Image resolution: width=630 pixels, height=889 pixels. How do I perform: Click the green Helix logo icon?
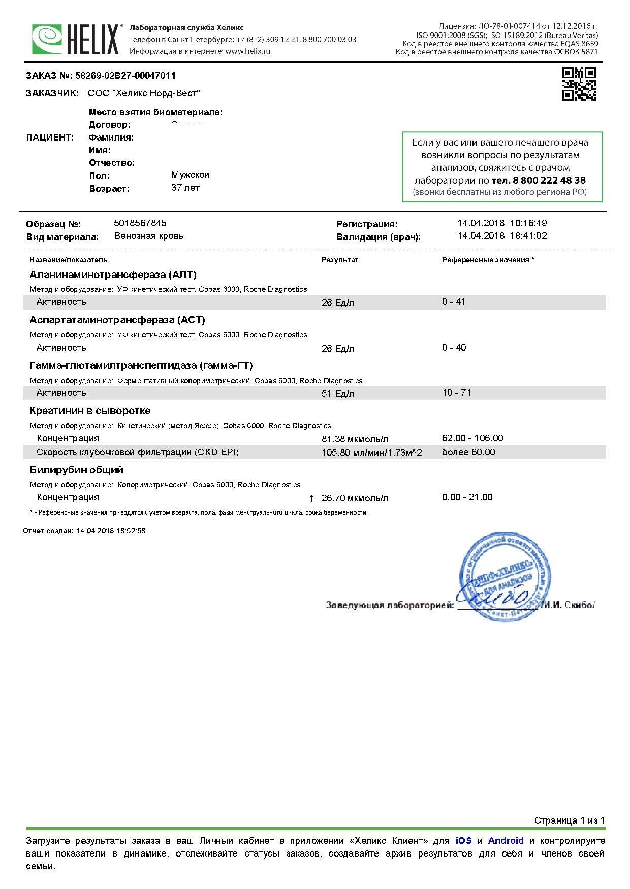coord(47,39)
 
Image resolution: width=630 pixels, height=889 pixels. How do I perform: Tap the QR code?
coord(579,84)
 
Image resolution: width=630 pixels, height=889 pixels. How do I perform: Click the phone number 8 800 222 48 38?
coord(539,180)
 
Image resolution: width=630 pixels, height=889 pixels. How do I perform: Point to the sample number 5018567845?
coord(140,223)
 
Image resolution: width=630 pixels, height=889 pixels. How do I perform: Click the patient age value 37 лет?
coord(185,188)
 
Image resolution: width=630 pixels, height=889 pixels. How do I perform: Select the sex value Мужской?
coord(190,175)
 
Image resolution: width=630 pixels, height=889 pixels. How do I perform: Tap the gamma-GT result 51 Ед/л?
coord(338,394)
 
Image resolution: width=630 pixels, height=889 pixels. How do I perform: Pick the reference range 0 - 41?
coord(454,302)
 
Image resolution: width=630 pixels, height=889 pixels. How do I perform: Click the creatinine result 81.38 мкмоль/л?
coord(355,439)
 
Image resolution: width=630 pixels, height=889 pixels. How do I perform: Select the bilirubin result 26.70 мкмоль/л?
coord(355,498)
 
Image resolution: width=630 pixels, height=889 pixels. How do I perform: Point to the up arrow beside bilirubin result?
coord(312,499)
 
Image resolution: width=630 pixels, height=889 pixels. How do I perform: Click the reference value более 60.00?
coord(468,452)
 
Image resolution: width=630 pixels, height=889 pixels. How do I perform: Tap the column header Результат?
coord(339,260)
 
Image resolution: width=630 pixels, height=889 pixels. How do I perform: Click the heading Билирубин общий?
coord(76,470)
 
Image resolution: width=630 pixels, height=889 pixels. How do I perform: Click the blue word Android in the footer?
coord(506,841)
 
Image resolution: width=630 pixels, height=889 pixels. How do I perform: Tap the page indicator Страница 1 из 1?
coord(569,820)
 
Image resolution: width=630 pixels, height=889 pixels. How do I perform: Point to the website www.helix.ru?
coord(247,51)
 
